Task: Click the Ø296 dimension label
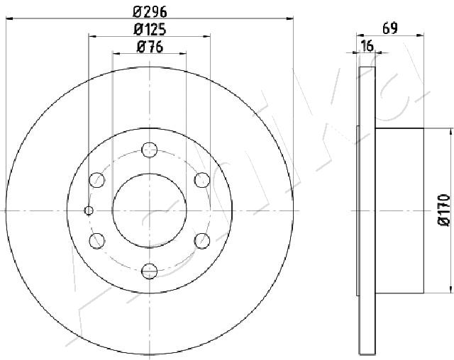tap(150, 12)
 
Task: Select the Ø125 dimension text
tap(150, 30)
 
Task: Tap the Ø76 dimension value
tap(150, 47)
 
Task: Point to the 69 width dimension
tap(390, 28)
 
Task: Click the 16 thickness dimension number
tap(367, 45)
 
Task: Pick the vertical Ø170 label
tap(444, 210)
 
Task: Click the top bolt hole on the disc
tap(150, 150)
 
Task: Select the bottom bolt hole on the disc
tap(150, 271)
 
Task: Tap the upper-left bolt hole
tap(96, 180)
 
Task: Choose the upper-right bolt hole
tap(202, 180)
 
